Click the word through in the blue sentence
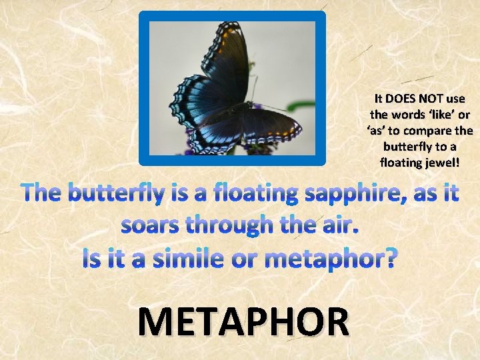234,226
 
